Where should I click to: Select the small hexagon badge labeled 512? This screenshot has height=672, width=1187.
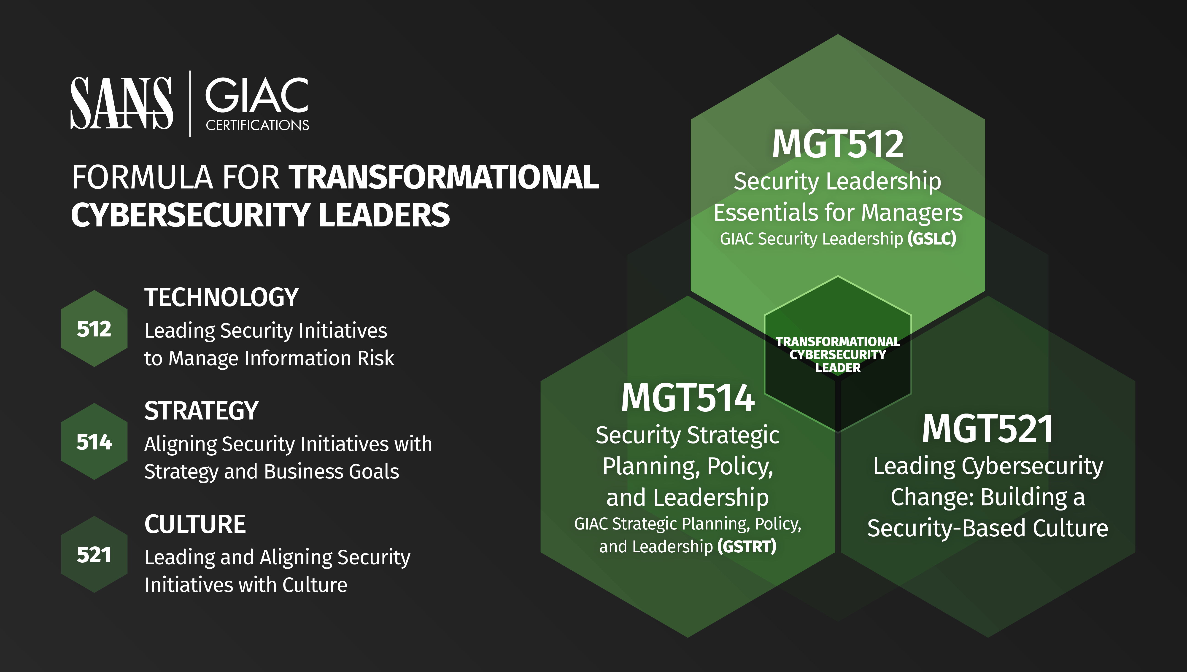94,329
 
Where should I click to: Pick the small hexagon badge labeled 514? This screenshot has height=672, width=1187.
94,442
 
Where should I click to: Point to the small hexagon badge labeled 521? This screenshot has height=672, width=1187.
94,554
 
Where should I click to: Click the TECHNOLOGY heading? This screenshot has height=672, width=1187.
222,297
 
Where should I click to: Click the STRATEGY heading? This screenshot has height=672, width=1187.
201,410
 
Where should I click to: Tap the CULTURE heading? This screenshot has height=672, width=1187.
195,524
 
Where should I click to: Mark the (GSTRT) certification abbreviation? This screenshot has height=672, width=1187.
747,546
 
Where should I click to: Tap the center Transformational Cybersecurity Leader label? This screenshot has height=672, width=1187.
838,355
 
